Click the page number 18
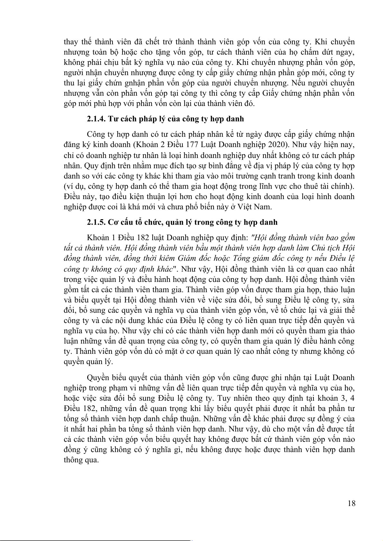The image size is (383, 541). [x=351, y=503]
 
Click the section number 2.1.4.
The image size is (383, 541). [x=96, y=119]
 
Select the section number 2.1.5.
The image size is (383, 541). [x=96, y=222]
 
